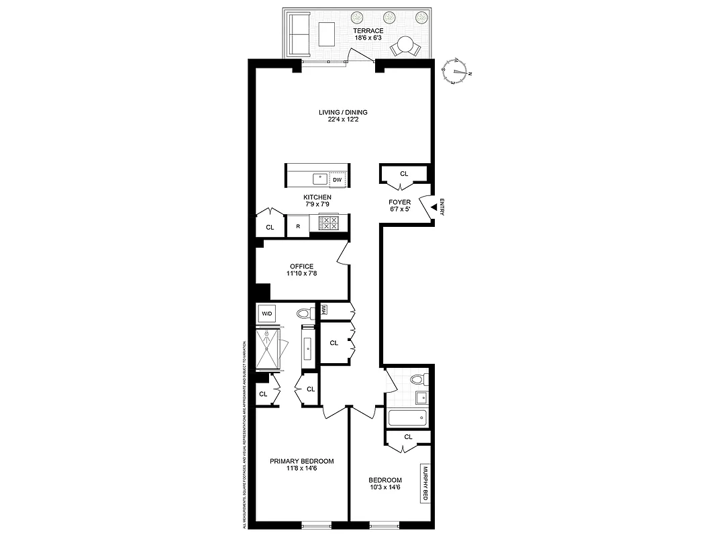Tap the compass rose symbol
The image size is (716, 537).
pos(458,70)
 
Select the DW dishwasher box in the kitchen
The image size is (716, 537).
pos(338,179)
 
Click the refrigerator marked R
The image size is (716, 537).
pos(297,226)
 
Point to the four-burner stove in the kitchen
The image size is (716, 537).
pos(329,223)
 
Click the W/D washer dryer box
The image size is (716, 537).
pos(266,313)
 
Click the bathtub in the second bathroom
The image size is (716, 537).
pos(407,418)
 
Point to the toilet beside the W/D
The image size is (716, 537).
pos(305,313)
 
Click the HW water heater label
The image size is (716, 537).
pos(324,309)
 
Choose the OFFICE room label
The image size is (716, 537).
pos(301,266)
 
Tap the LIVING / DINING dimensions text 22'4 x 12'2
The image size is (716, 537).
pos(343,120)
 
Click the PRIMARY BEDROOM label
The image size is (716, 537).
pos(301,461)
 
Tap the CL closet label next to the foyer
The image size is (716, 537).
pos(404,174)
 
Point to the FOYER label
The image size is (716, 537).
pos(399,202)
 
